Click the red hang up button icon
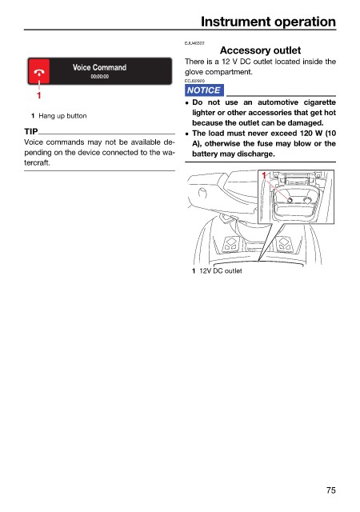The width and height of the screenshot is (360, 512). (x=39, y=71)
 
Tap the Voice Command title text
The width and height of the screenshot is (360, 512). (x=100, y=67)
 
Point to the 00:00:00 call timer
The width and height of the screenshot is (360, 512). (x=100, y=77)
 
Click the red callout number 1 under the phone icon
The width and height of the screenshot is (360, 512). (x=39, y=95)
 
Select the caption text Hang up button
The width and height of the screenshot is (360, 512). (x=62, y=116)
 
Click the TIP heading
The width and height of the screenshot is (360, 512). (x=30, y=131)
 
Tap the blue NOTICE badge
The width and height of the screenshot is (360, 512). (x=204, y=90)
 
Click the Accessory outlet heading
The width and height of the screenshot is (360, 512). (x=260, y=50)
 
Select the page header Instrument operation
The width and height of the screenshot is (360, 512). (x=268, y=22)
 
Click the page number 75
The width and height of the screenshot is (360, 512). (x=330, y=490)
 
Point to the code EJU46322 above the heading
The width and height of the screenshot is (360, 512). (x=194, y=43)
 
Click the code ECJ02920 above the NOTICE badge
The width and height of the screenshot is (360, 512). (x=194, y=81)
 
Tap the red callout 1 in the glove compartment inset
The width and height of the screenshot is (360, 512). (x=264, y=176)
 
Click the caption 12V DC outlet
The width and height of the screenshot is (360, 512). (x=221, y=270)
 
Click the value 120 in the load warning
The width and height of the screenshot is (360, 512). (x=306, y=134)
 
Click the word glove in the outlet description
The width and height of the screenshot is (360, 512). (x=194, y=72)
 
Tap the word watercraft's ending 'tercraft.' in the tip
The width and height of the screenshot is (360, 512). (x=37, y=162)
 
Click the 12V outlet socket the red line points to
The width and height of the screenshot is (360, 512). (x=290, y=200)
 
